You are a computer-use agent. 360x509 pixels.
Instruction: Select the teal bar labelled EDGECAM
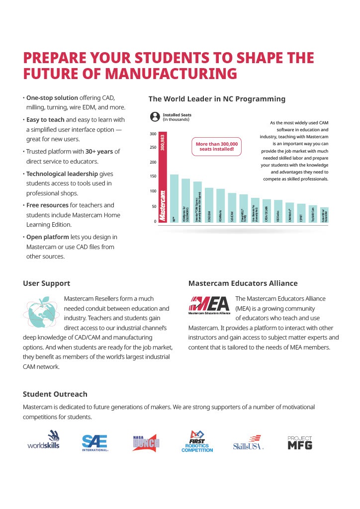click(209, 205)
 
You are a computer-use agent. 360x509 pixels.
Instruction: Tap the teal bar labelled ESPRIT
click(301, 213)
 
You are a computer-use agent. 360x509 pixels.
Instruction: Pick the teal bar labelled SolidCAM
click(232, 207)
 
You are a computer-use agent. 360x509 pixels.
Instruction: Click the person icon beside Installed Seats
click(155, 117)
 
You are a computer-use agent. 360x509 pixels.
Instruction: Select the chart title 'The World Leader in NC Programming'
click(217, 99)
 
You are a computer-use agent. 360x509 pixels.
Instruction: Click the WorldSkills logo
click(44, 440)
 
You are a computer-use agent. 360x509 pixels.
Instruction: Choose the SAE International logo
click(95, 442)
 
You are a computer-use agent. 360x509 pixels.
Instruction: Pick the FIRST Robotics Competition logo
click(197, 441)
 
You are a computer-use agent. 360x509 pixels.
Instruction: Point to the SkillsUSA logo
click(248, 442)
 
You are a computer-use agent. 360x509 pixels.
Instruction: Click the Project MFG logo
click(300, 442)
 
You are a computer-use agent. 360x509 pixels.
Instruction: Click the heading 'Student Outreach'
click(55, 394)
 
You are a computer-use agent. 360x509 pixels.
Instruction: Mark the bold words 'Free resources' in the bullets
click(45, 205)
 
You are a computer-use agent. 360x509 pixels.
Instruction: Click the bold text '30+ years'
click(98, 151)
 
